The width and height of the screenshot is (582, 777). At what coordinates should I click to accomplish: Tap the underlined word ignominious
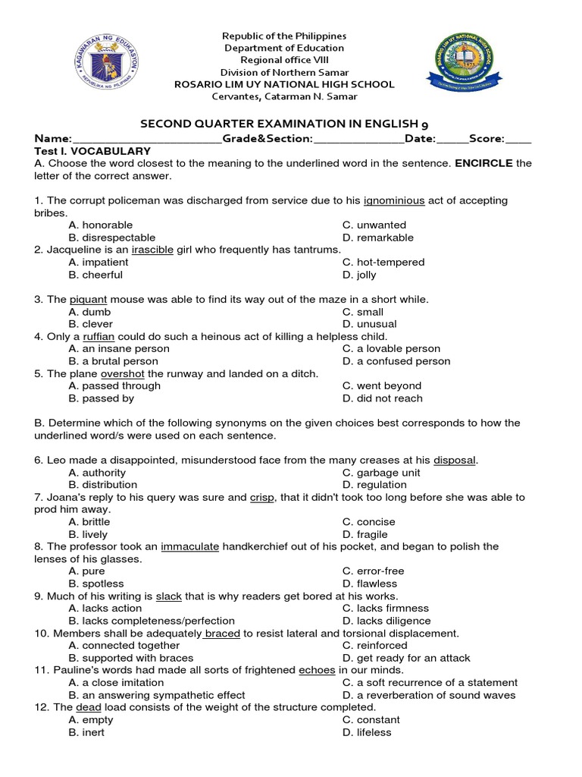click(394, 200)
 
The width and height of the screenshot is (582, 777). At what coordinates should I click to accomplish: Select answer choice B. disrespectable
click(111, 238)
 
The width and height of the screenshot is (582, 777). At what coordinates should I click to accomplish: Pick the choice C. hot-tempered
click(383, 262)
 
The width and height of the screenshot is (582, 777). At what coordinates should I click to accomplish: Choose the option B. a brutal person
click(113, 361)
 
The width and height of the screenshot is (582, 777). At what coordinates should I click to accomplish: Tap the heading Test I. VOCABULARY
click(92, 151)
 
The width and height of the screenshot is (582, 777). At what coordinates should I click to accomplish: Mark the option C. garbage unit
click(380, 472)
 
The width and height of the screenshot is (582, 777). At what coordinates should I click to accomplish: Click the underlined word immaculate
click(189, 546)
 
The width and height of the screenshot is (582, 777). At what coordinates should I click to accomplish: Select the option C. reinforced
click(374, 645)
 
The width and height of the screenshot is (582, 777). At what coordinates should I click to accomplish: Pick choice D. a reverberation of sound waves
click(429, 695)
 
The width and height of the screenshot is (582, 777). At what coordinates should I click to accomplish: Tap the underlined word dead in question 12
click(89, 707)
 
